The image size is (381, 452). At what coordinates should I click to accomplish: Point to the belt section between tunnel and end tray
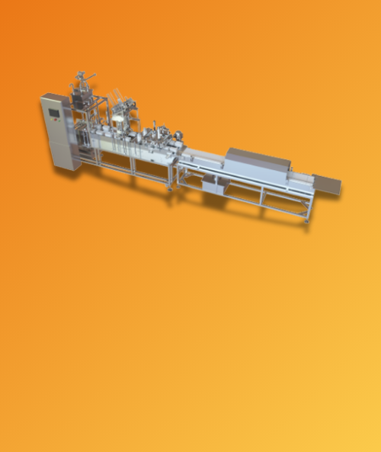coord(301,179)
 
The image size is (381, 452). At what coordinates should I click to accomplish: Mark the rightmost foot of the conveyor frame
coord(308,220)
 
